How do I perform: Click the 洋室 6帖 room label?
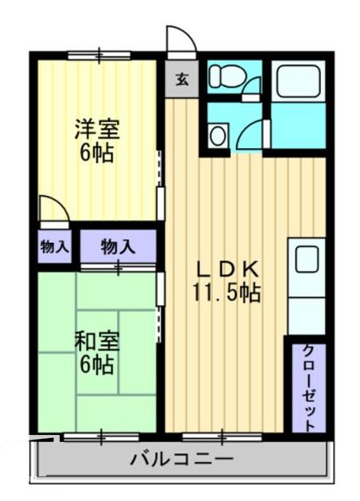tap(95, 139)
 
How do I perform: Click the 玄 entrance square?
tap(182, 79)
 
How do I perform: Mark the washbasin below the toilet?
tap(218, 134)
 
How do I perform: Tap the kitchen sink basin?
tap(306, 260)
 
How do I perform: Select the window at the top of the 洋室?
tap(99, 55)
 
